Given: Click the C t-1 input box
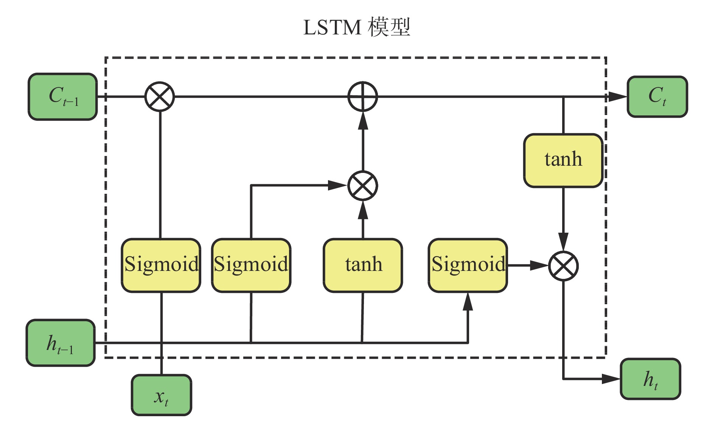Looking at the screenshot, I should pos(63,96).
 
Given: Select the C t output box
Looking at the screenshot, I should pos(657,96).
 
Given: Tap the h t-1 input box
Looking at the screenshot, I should pos(61,343).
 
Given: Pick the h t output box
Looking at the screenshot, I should pos(650,379).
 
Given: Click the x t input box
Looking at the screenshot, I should pos(162,395).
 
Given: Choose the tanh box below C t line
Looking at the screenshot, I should pos(563,160).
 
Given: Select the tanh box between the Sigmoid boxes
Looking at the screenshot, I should pos(363,265).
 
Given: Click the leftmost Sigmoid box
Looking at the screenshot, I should pos(161,265).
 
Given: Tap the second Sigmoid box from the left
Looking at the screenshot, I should pos(251,265).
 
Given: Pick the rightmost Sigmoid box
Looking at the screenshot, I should pos(468,265).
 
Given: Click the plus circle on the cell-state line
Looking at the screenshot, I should pos(363,96).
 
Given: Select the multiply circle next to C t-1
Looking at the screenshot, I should pos(160,96).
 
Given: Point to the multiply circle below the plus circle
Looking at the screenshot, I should pos(363,185).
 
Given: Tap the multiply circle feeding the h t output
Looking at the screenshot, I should pos(563,266).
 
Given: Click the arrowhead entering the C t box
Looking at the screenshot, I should pos(617,97).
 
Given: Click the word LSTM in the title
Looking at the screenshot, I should pos(332,28).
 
